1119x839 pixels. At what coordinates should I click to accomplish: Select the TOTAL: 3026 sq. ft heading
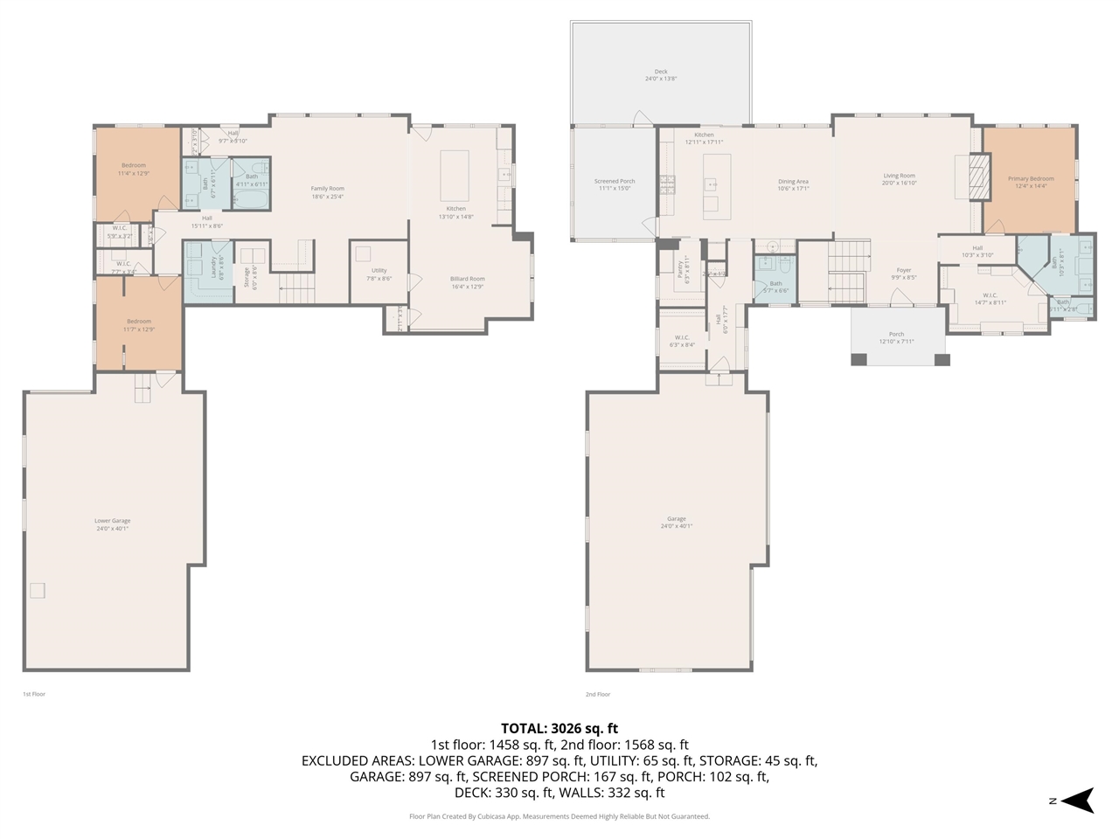coord(559,727)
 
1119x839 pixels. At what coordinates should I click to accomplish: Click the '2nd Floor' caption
coord(597,694)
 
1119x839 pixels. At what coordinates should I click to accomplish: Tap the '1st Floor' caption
coord(33,694)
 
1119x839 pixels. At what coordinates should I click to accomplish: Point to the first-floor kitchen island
coord(455,176)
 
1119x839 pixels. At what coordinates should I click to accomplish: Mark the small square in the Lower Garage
coord(38,590)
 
